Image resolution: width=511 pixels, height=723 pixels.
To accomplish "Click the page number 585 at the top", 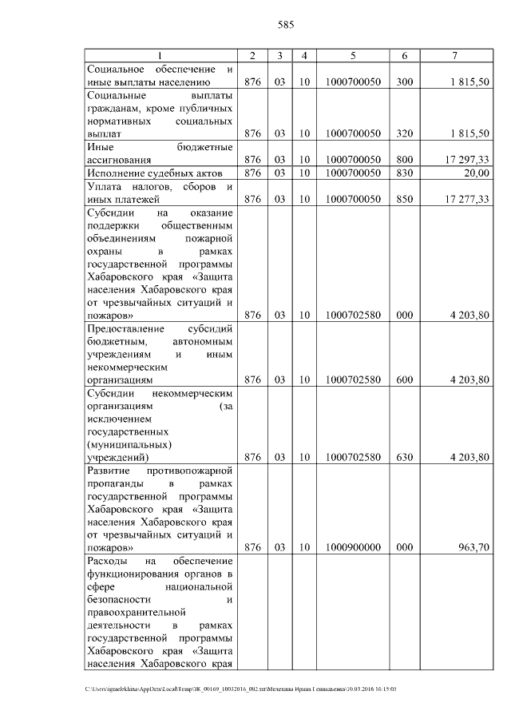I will [287, 25].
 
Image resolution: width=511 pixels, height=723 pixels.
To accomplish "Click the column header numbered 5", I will [352, 55].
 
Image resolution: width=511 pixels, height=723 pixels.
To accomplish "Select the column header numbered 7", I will [455, 55].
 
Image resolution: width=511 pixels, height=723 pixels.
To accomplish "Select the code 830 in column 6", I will [404, 173].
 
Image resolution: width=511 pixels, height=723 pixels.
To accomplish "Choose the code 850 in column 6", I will [404, 199].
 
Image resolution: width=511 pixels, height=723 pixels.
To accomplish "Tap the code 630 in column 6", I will [404, 457].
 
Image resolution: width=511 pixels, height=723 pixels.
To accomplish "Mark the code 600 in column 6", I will [404, 379].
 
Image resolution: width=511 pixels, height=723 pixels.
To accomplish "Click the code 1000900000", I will [353, 547].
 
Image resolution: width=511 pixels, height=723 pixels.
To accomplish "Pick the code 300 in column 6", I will [404, 81].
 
